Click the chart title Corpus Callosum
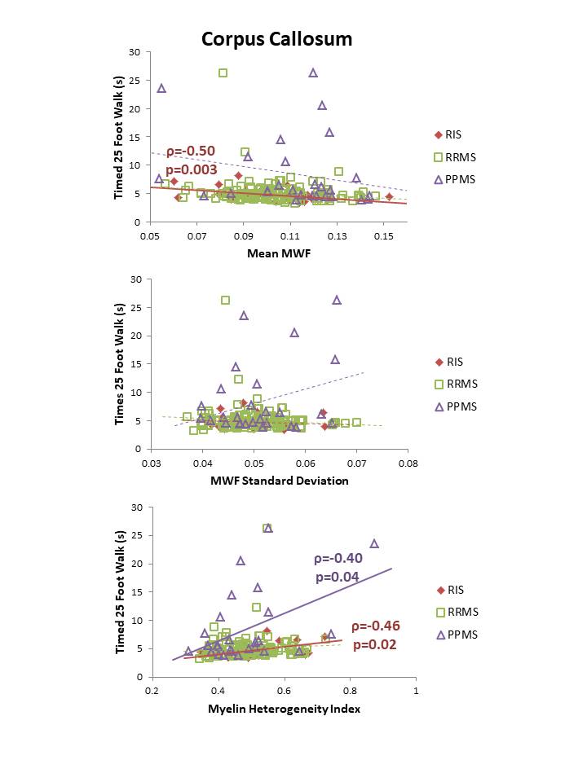coord(277,38)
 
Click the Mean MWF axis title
coord(277,253)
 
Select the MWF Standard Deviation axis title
coord(279,481)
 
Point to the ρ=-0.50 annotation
coord(191,152)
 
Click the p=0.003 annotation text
coord(191,169)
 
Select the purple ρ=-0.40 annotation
coord(339,559)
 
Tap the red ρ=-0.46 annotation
coord(376,626)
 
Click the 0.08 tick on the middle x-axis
coord(408,463)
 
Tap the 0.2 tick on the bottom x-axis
coord(152,692)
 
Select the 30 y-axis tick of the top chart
coord(135,52)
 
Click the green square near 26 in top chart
coord(223,73)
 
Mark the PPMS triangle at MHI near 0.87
coord(374,543)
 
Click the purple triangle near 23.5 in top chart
coord(161,88)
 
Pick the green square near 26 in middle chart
coord(225,300)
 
